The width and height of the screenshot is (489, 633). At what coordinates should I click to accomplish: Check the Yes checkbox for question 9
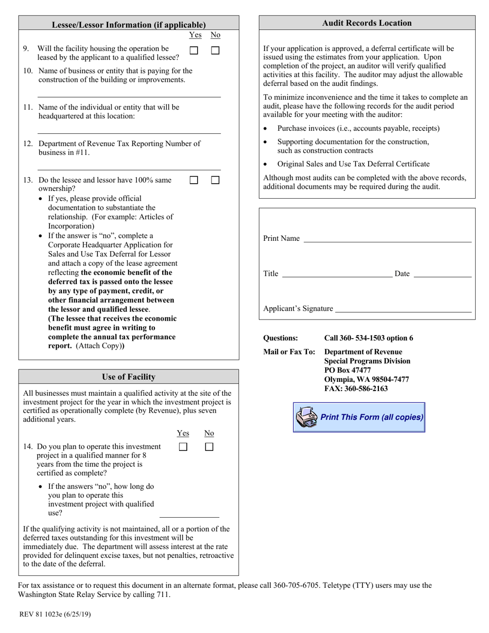pyautogui.click(x=194, y=50)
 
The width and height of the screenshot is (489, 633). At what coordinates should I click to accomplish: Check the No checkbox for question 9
pyautogui.click(x=215, y=50)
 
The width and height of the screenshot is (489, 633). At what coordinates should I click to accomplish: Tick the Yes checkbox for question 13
pyautogui.click(x=194, y=180)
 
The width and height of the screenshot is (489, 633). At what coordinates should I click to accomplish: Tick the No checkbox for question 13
pyautogui.click(x=215, y=180)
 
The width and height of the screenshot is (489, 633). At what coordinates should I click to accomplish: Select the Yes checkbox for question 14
pyautogui.click(x=183, y=447)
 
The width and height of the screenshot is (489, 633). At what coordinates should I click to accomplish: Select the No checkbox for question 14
pyautogui.click(x=209, y=447)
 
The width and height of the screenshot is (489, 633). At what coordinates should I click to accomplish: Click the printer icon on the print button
pyautogui.click(x=307, y=417)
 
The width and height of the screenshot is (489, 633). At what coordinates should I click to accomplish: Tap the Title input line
pyautogui.click(x=337, y=273)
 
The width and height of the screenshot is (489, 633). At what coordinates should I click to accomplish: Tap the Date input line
pyautogui.click(x=442, y=273)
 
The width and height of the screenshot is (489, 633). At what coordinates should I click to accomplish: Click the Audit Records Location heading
pyautogui.click(x=366, y=23)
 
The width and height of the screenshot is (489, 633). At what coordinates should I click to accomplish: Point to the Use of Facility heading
pyautogui.click(x=129, y=377)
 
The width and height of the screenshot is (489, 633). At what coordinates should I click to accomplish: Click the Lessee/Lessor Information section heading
pyautogui.click(x=129, y=25)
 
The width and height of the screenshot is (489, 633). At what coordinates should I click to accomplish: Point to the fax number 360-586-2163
pyautogui.click(x=356, y=389)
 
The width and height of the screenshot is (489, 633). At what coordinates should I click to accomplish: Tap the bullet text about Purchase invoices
pyautogui.click(x=358, y=128)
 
